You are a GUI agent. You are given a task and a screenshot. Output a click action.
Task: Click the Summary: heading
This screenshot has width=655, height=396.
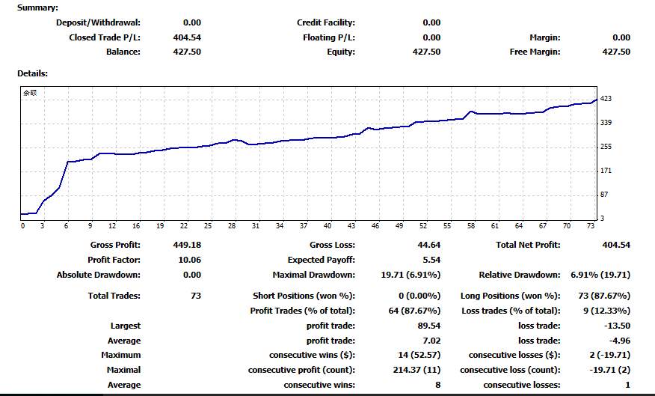tap(37, 7)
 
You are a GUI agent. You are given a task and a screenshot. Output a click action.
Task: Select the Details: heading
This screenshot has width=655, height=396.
tap(32, 73)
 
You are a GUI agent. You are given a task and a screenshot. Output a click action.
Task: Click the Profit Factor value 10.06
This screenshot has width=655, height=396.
tap(188, 260)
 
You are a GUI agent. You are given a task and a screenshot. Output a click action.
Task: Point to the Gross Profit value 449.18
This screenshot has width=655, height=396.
tap(186, 245)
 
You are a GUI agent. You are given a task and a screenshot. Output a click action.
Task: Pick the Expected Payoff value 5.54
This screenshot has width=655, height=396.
tap(431, 260)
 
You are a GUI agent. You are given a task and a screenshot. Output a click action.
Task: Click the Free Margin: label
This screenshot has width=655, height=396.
tap(535, 52)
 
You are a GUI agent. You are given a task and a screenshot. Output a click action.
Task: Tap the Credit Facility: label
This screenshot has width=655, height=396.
tap(326, 22)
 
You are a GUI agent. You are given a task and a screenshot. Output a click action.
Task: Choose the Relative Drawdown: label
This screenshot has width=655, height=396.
tap(519, 275)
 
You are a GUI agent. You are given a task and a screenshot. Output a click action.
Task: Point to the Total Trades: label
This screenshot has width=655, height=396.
tap(114, 296)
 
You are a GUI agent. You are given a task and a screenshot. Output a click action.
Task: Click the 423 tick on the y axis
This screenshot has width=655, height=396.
tap(606, 98)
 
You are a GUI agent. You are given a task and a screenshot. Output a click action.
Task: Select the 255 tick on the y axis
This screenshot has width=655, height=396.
tap(606, 147)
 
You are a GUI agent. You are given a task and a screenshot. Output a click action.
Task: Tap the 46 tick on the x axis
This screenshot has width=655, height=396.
tap(375, 225)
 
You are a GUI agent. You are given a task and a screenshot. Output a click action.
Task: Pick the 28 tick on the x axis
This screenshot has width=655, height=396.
tap(232, 225)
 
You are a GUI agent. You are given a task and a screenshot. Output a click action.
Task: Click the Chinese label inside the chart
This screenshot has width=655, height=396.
tap(29, 94)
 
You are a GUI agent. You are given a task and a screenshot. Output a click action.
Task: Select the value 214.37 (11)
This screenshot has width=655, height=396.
tap(420, 370)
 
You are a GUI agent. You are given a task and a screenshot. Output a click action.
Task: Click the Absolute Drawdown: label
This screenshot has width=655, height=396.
tap(99, 275)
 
